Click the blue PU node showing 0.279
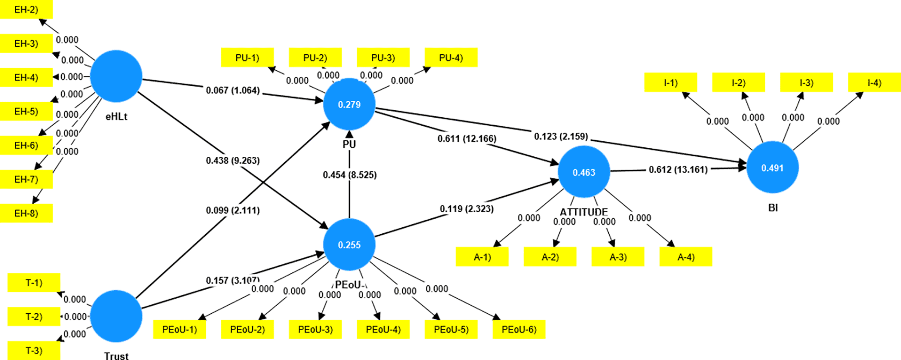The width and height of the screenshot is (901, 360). (349, 104)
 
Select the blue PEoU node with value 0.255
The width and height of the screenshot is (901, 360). (349, 244)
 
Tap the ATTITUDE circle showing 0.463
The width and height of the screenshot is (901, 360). (583, 172)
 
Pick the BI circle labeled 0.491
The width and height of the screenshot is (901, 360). (772, 168)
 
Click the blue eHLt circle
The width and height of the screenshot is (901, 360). (116, 76)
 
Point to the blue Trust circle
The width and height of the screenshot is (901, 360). (116, 316)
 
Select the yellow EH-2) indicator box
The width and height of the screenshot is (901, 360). (26, 10)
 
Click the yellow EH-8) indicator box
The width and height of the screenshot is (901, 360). (26, 213)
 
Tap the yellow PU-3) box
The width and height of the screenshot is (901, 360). (383, 57)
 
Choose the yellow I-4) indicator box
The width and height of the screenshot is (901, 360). (874, 83)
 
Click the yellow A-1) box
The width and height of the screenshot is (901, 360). (482, 257)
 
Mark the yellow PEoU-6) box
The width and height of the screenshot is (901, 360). (519, 329)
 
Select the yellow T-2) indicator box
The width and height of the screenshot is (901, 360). (34, 316)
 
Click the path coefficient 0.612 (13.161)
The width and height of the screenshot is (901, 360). (678, 170)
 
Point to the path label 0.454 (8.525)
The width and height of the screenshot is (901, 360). (350, 175)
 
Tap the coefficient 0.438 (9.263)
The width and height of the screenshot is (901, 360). (233, 160)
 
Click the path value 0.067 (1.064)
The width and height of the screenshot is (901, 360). (233, 90)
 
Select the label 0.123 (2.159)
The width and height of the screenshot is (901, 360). (561, 136)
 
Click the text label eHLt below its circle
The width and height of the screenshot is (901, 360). (117, 117)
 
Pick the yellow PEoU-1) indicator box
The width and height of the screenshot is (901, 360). (179, 329)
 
